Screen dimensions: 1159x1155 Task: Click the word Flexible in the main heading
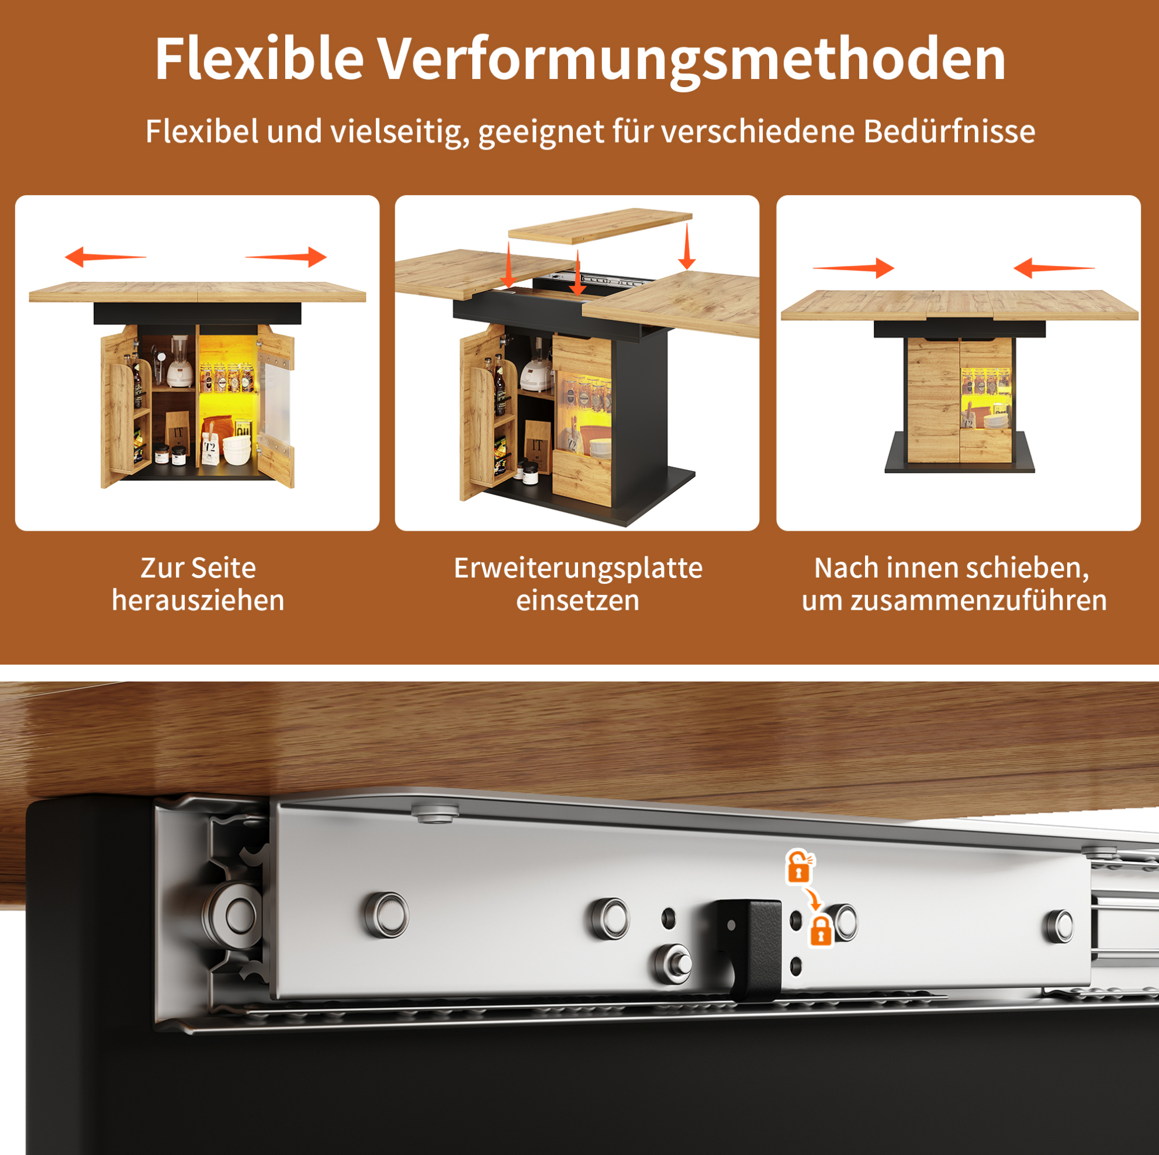[x=259, y=59]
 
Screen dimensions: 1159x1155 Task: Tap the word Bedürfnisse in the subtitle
[x=950, y=131]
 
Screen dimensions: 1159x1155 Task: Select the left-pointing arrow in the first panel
[x=106, y=257]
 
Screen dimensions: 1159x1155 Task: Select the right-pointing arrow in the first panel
[x=286, y=257]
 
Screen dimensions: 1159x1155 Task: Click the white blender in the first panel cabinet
[x=179, y=362]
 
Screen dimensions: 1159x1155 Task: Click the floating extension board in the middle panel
[x=600, y=225]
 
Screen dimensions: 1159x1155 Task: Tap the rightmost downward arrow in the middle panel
[x=687, y=247]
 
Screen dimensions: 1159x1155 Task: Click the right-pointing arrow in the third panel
[x=854, y=268]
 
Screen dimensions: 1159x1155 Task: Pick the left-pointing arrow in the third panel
[x=1054, y=268]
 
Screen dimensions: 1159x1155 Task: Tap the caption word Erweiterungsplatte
[x=578, y=568]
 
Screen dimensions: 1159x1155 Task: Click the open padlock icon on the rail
[x=799, y=866]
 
